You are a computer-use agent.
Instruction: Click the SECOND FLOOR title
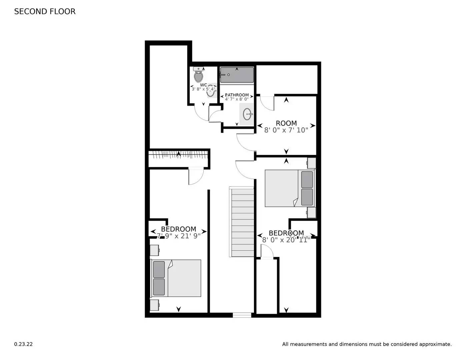(45, 11)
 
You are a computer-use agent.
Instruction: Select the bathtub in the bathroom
(237, 75)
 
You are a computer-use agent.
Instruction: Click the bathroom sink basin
(247, 114)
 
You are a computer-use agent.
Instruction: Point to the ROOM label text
(286, 123)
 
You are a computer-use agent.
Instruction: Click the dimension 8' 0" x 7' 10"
(286, 130)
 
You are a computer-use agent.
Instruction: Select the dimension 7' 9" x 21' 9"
(179, 236)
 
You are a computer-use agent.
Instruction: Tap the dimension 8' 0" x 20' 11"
(286, 240)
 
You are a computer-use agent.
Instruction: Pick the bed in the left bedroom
(176, 278)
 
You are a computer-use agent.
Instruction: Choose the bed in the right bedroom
(289, 188)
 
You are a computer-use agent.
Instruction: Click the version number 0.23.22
(23, 344)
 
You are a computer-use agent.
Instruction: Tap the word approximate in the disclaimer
(435, 344)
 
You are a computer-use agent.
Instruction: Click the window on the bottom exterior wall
(242, 315)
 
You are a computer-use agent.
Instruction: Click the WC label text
(203, 85)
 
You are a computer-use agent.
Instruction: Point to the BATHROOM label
(237, 95)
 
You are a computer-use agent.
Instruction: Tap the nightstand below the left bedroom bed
(154, 305)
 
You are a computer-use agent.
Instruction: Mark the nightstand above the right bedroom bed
(312, 163)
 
